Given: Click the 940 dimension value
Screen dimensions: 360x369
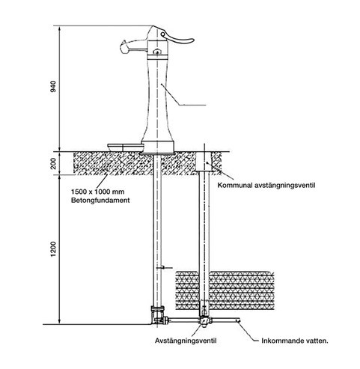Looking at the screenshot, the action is pyautogui.click(x=53, y=86).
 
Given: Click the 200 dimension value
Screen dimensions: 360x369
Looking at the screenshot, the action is pyautogui.click(x=53, y=163).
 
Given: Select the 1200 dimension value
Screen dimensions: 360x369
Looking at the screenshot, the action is pyautogui.click(x=53, y=249).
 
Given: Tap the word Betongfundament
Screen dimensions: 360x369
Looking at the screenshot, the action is pyautogui.click(x=100, y=201).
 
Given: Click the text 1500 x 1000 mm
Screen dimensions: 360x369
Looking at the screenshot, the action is pyautogui.click(x=97, y=192).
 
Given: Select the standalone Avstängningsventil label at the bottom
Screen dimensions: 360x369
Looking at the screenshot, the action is pyautogui.click(x=186, y=341).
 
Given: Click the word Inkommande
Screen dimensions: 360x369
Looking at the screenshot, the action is pyautogui.click(x=281, y=341).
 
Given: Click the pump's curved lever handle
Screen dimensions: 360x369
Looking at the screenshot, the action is pyautogui.click(x=177, y=38).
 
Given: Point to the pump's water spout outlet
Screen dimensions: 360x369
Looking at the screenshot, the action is pyautogui.click(x=124, y=47).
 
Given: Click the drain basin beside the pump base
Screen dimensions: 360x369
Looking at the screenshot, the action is pyautogui.click(x=126, y=147).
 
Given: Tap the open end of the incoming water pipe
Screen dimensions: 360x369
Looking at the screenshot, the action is pyautogui.click(x=238, y=320).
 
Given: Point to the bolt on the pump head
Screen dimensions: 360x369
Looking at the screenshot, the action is pyautogui.click(x=156, y=52).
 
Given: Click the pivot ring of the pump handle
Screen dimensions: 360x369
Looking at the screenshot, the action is pyautogui.click(x=163, y=34).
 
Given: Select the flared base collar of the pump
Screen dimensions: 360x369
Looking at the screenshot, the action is pyautogui.click(x=158, y=147).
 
